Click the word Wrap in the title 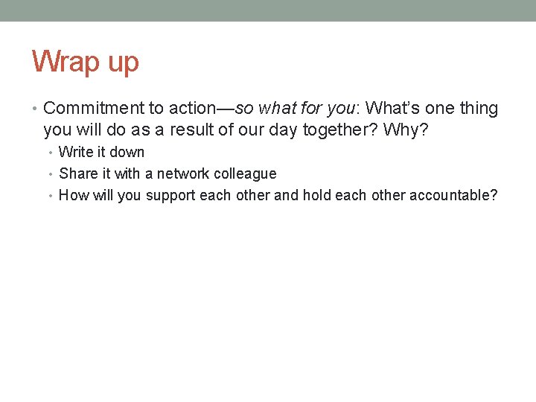65,62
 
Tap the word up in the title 122,63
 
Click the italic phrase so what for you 296,109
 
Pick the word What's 392,109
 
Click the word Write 75,153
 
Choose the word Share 77,174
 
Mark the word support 170,196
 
